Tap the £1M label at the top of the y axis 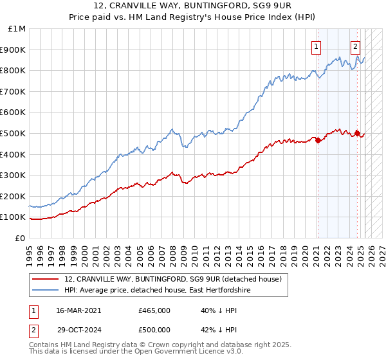pos(17,29)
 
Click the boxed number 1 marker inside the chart pos(317,46)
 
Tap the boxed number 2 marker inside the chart pos(355,46)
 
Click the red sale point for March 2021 pos(318,140)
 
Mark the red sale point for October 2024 pos(358,133)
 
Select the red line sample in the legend pos(46,279)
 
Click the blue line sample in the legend pos(46,290)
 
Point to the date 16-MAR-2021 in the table pos(78,310)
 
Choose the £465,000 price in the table pos(154,310)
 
